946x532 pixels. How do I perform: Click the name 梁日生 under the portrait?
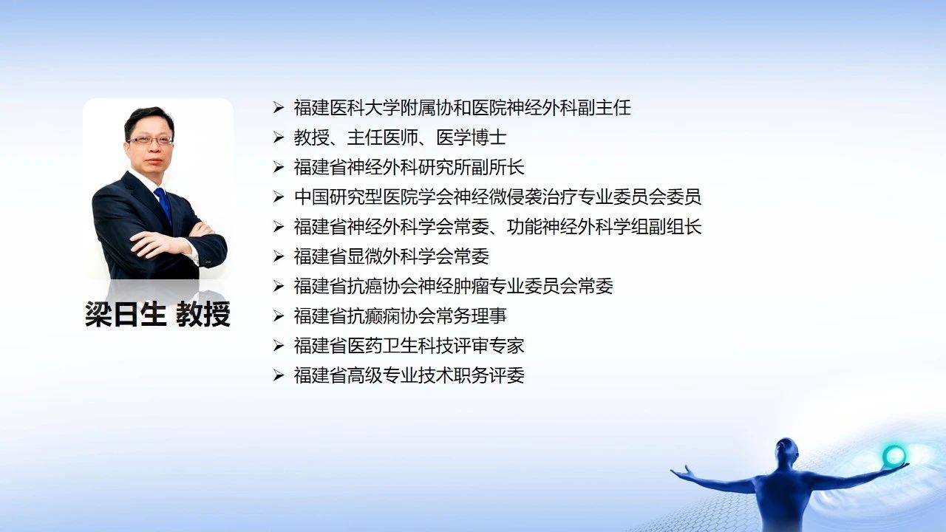pos(126,314)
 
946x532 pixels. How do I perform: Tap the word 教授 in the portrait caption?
pos(203,314)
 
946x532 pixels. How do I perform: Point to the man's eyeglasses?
pos(151,140)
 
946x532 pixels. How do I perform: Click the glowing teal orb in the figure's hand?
pos(894,456)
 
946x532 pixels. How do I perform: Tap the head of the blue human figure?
pos(787,450)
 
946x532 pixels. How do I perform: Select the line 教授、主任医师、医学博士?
pos(400,137)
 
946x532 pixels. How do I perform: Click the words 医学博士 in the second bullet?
pos(471,137)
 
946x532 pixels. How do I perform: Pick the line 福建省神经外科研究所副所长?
pos(409,167)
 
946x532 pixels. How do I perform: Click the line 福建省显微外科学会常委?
pos(391,256)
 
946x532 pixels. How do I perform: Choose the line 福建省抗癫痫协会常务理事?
pos(400,316)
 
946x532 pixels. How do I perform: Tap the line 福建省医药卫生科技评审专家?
pos(409,346)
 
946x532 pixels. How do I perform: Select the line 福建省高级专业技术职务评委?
pos(409,375)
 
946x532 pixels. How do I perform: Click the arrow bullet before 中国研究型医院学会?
pos(279,197)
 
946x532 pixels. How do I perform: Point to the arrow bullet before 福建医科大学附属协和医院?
pos(279,108)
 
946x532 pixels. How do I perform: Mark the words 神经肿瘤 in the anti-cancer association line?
pos(453,286)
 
